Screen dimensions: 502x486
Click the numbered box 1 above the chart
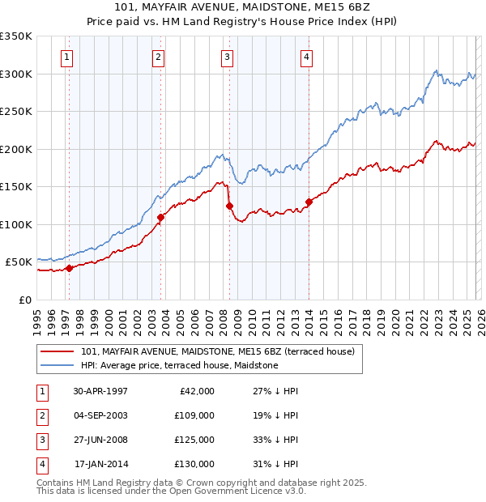[66, 57]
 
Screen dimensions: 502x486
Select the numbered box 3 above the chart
[227, 57]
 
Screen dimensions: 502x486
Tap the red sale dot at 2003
[161, 217]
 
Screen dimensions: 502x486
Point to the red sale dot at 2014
[309, 202]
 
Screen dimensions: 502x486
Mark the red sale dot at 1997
[70, 268]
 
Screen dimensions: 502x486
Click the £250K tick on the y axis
[16, 112]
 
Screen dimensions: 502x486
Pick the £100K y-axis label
[16, 224]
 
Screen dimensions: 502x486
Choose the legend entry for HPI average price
[179, 366]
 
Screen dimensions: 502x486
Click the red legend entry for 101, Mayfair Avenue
[217, 351]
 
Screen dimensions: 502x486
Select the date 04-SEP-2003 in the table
[100, 415]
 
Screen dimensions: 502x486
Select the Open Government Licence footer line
[171, 491]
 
